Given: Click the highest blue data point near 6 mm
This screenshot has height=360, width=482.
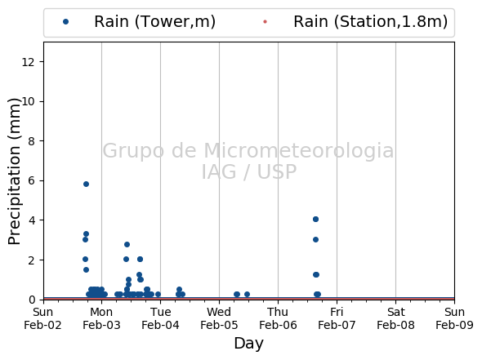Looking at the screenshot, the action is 86,184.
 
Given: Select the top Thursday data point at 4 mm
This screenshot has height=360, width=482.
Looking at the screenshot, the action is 315,219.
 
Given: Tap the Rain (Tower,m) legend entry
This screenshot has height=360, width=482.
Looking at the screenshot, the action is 139,22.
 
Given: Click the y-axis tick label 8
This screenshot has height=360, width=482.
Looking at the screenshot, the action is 31,141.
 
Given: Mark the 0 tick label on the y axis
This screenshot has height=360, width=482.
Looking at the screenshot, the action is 31,300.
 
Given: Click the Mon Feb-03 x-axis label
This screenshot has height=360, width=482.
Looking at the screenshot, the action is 101,318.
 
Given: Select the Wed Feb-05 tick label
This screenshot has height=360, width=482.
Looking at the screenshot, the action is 219,318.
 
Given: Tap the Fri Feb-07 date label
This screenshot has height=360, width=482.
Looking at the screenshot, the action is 337,318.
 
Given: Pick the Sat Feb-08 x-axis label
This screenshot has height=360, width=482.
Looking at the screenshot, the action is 395,318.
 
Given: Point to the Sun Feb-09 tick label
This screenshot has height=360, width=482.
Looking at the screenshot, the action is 454,318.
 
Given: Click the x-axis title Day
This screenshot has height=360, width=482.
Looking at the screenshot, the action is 248,344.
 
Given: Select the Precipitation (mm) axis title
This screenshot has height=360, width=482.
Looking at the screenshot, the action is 14,171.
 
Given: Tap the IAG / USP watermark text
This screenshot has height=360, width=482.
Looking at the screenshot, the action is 249,171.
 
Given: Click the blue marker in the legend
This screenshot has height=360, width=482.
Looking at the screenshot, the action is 65,21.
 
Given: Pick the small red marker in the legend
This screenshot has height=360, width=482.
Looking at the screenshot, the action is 265,21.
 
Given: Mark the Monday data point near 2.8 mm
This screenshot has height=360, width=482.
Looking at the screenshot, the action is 127,245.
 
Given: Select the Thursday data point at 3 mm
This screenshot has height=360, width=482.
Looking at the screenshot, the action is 315,239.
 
